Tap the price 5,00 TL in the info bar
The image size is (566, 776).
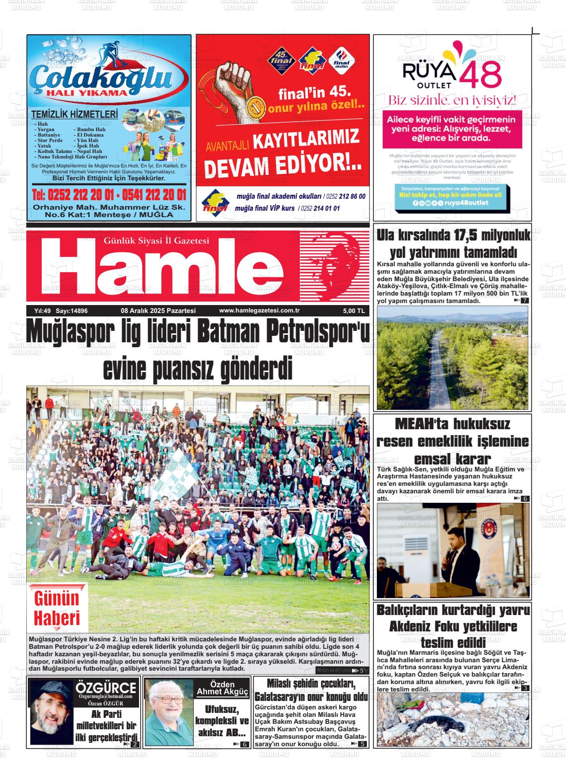point(354,311)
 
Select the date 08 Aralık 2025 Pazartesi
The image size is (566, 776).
point(158,311)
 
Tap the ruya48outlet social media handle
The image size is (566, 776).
point(466,203)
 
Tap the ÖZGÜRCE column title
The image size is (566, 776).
point(105,689)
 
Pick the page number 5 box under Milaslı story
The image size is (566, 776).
point(362,744)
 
